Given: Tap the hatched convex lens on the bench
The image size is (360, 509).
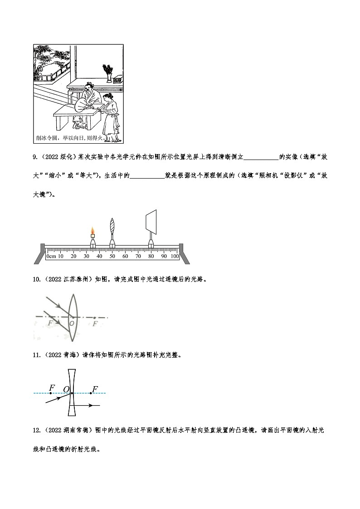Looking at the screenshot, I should tap(112, 227).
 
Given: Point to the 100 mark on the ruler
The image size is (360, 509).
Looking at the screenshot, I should tap(175, 257).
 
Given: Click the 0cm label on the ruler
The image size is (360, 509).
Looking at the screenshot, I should tap(51, 257).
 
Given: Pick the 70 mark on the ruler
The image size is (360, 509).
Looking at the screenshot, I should tap(138, 257).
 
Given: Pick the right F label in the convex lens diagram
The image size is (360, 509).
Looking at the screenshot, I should tap(94, 324).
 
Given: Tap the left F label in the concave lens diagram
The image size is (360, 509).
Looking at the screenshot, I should tap(52, 388).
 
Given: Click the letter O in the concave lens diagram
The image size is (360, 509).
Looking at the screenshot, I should tap(66, 389).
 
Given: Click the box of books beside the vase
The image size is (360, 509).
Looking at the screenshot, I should tap(118, 79).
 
